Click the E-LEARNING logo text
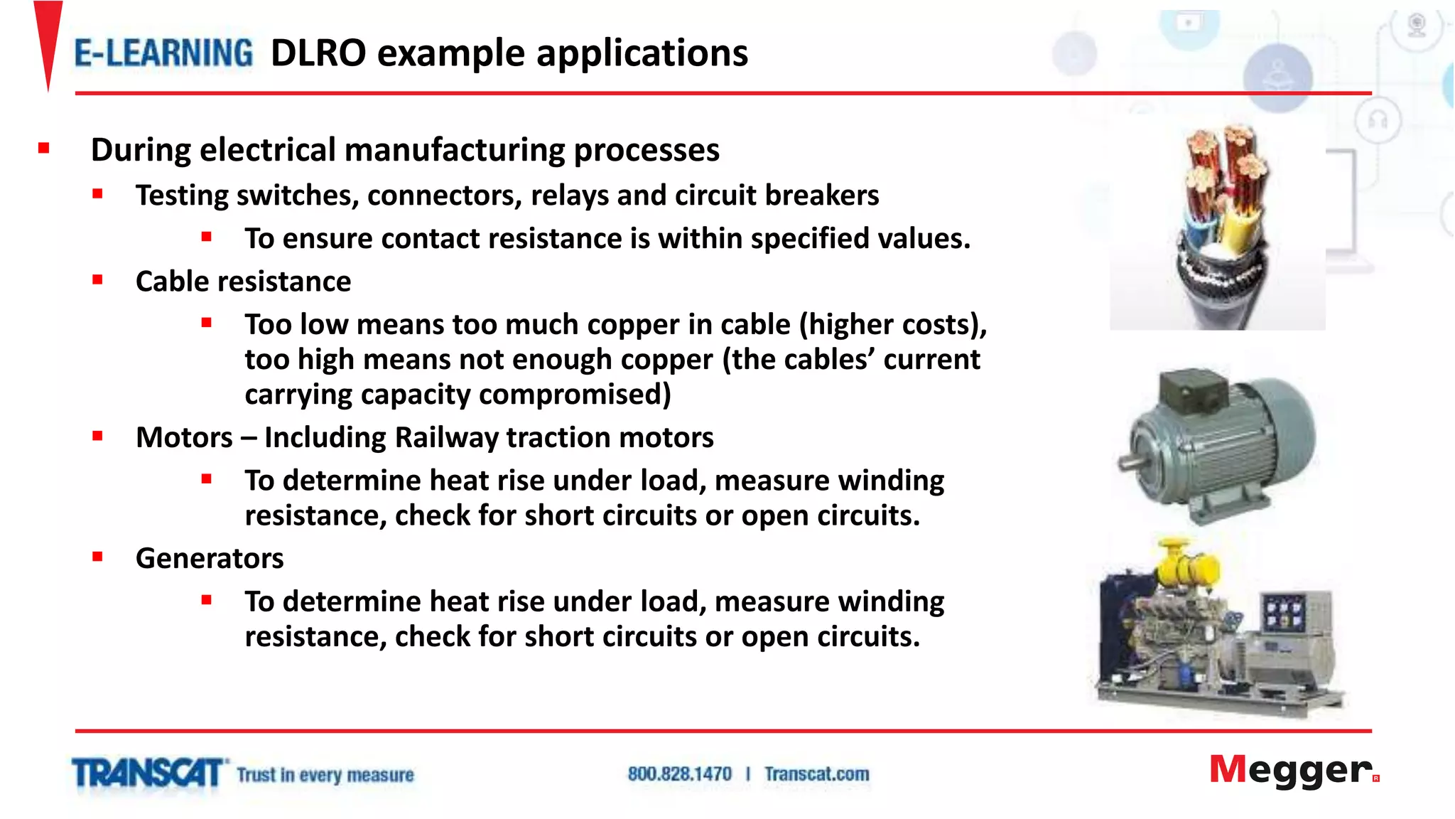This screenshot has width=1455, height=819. [x=163, y=53]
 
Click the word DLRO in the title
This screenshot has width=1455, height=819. [x=318, y=53]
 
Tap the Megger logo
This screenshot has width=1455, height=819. [x=1293, y=771]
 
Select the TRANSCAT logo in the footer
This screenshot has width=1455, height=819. [x=148, y=773]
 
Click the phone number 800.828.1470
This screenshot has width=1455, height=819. [x=679, y=774]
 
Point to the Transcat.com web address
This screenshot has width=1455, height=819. [x=816, y=774]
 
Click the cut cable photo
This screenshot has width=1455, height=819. [x=1218, y=226]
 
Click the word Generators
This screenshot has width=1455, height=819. [x=210, y=559]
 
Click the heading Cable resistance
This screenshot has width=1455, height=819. [x=243, y=282]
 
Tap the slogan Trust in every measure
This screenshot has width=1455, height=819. [x=325, y=775]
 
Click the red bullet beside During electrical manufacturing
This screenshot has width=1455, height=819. [x=44, y=149]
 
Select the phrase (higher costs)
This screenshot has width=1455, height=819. [x=893, y=325]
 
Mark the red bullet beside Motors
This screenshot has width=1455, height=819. [x=97, y=437]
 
